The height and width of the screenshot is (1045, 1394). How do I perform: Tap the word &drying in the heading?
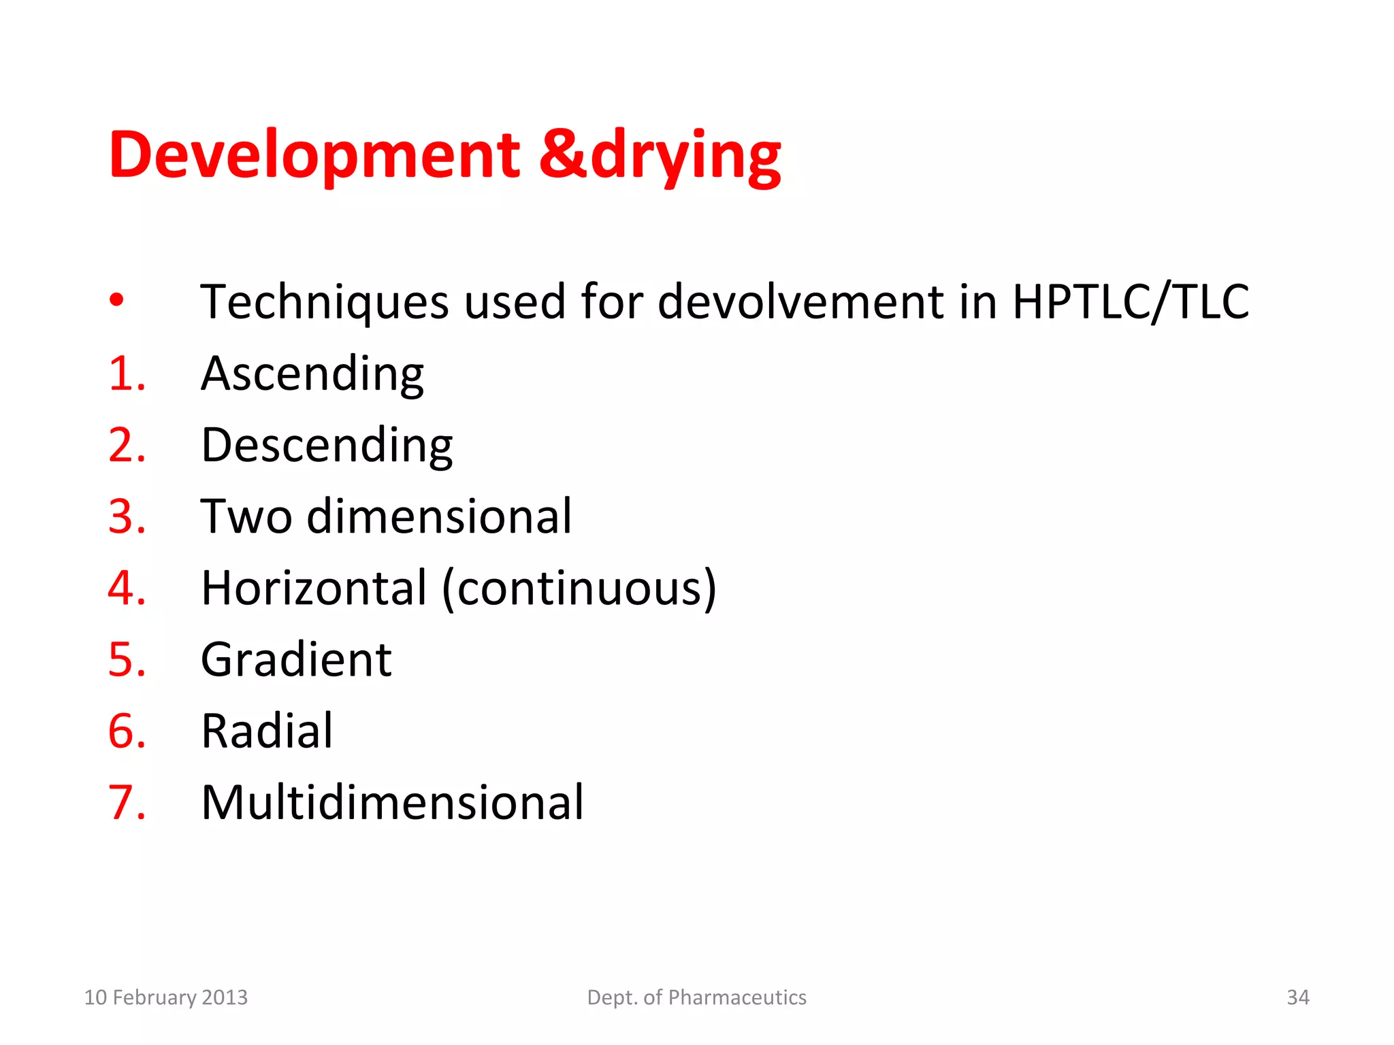660,156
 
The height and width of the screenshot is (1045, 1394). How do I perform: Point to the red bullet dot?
117,299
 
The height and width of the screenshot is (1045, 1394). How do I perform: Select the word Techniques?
325,302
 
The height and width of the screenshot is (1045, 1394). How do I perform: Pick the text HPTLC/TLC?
1131,302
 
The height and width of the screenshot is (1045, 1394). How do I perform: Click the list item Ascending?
312,374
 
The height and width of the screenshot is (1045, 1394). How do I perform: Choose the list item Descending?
327,446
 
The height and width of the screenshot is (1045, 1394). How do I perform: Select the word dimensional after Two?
439,517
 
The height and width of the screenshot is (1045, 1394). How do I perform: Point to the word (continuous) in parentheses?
579,588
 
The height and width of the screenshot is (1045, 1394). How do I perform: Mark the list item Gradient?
296,660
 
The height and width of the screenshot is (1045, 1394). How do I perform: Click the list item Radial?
267,731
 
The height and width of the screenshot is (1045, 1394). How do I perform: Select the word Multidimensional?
392,803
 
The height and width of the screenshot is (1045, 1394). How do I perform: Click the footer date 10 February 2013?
165,997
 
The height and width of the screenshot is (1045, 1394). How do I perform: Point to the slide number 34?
1297,997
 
